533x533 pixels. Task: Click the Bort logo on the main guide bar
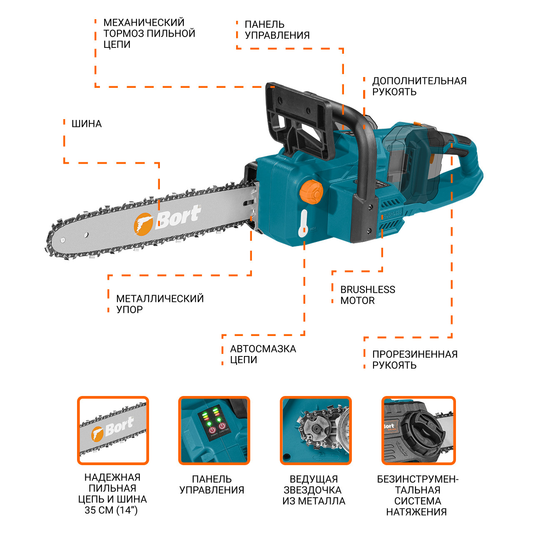pyautogui.click(x=167, y=219)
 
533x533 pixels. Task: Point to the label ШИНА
pyautogui.click(x=87, y=124)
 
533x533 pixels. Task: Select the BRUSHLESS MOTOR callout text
pyautogui.click(x=367, y=295)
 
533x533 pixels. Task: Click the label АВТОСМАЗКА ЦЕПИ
pyautogui.click(x=263, y=354)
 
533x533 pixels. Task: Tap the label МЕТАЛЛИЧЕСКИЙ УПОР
pyautogui.click(x=160, y=304)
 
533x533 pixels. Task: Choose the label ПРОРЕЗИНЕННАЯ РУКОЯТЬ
pyautogui.click(x=415, y=360)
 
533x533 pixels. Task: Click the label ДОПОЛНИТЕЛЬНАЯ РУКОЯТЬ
pyautogui.click(x=419, y=86)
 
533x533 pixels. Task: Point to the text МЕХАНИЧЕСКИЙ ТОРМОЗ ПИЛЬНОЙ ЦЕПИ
pyautogui.click(x=149, y=33)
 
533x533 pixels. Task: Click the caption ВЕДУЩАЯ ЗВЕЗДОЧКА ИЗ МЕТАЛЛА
pyautogui.click(x=314, y=490)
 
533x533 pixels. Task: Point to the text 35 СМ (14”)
pyautogui.click(x=111, y=510)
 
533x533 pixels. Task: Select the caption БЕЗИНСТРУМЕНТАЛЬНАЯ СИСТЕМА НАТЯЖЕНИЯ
pyautogui.click(x=418, y=496)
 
